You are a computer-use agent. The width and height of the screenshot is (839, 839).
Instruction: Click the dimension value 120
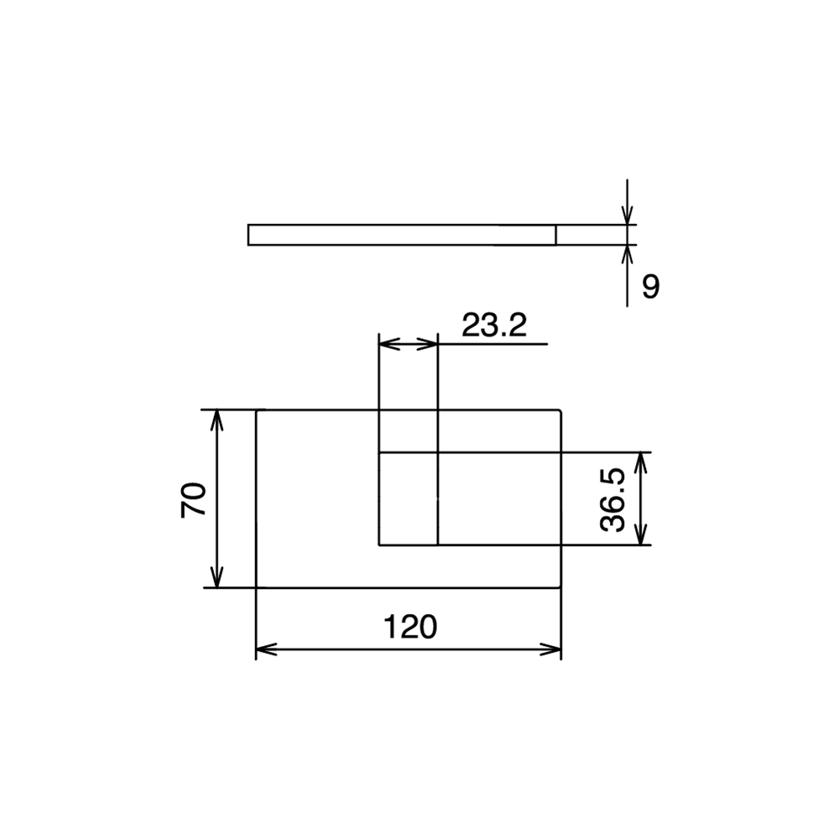coord(410,627)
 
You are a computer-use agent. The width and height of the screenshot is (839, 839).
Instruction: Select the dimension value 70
coord(194,499)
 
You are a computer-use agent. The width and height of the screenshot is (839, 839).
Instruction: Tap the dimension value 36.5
coord(613,499)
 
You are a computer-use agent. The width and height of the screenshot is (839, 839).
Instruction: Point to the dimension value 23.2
coord(494,325)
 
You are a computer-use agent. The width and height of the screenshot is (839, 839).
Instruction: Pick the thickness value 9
coord(651,287)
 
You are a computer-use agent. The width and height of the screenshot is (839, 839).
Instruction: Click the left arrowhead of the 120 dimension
coord(266,649)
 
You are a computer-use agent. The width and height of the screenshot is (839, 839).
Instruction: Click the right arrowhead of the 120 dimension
coord(551,649)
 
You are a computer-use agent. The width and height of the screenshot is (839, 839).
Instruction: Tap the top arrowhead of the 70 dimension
coord(216,420)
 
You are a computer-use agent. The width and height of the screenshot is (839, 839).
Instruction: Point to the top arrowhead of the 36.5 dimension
coord(641,462)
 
